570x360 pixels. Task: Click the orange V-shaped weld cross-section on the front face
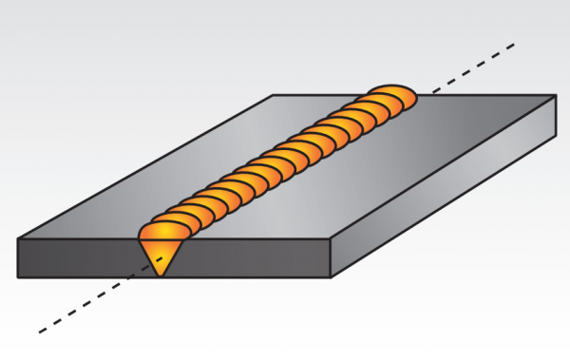[x=161, y=252]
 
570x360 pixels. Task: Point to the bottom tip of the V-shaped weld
[x=161, y=275]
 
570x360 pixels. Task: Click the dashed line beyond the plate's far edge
[x=475, y=66]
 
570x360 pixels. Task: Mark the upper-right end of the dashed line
[x=514, y=44]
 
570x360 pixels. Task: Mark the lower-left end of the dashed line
[x=39, y=332]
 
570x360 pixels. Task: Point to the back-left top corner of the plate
[x=274, y=95]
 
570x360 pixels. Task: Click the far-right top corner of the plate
[x=555, y=95]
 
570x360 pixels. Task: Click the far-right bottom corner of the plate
[x=555, y=133]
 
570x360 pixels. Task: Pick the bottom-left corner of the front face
[x=18, y=277]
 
